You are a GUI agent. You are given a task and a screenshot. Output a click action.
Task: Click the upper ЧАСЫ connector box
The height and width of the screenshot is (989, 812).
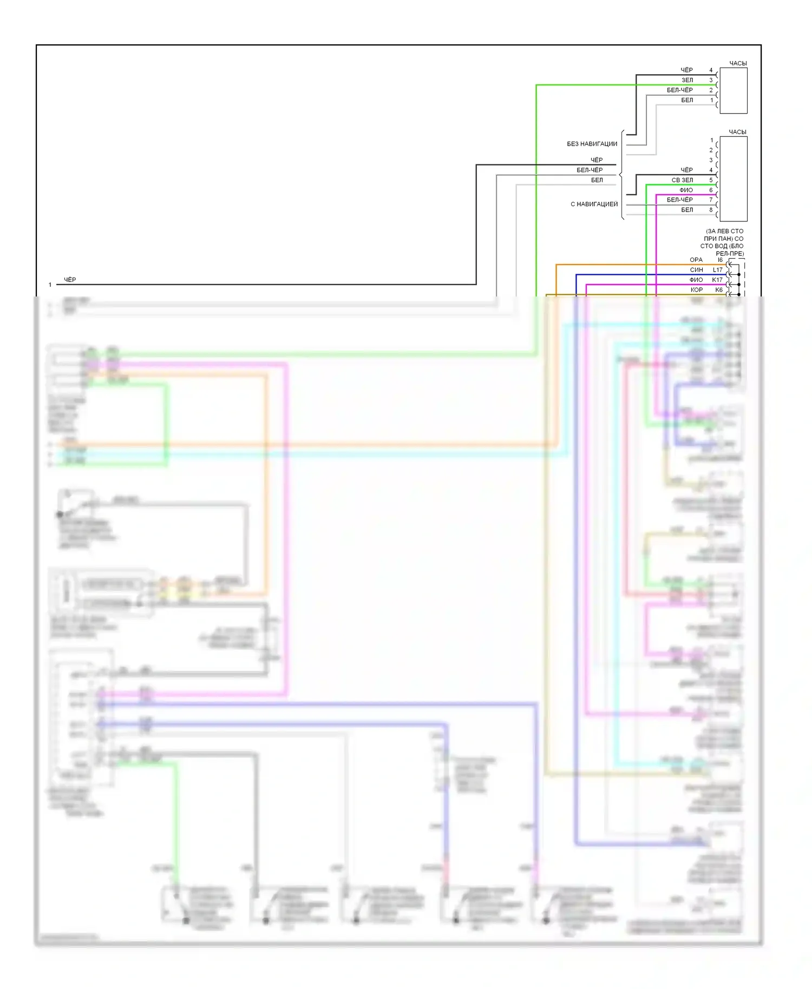(x=733, y=90)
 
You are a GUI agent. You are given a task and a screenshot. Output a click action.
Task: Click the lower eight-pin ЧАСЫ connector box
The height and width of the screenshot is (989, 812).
(x=733, y=179)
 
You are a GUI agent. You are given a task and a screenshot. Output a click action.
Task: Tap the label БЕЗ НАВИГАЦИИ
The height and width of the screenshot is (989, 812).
(x=592, y=144)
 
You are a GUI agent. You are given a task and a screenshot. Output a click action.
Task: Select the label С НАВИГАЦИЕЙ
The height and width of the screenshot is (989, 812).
(x=594, y=204)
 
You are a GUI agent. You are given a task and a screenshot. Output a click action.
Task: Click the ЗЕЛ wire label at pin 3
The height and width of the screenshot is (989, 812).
(x=687, y=80)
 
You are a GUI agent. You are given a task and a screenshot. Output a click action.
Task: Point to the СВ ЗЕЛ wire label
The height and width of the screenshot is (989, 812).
(x=682, y=180)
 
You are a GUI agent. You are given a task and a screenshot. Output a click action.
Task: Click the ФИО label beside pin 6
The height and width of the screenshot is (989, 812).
(x=686, y=190)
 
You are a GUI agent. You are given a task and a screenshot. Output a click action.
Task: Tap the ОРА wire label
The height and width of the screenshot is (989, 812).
(x=696, y=260)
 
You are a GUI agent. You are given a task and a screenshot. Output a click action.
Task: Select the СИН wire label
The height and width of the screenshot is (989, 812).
(x=696, y=270)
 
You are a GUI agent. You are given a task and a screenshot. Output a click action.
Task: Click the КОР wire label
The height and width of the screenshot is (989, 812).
(x=696, y=290)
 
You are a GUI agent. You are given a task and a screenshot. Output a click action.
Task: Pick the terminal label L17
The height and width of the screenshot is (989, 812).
(x=717, y=270)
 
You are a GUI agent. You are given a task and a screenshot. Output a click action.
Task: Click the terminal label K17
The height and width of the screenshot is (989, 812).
(x=717, y=280)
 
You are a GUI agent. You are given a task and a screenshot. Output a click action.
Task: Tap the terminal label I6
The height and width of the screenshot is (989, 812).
(x=719, y=260)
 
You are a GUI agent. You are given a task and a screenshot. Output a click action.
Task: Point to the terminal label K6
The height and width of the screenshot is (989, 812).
(x=719, y=290)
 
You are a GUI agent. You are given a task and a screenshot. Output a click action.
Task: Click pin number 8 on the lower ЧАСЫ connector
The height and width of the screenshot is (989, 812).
(x=711, y=210)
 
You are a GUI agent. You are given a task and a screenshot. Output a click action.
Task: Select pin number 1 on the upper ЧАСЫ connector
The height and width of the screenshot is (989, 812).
(x=711, y=100)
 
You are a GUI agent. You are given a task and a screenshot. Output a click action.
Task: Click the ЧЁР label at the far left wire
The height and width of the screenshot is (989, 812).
(x=70, y=280)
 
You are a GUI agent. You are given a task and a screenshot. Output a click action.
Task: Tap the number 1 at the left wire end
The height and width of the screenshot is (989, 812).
(x=50, y=285)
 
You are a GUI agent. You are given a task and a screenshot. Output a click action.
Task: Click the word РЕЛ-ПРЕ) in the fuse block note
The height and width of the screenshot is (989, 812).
(x=729, y=253)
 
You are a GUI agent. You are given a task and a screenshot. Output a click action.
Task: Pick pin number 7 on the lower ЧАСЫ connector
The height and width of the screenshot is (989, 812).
(x=711, y=200)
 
